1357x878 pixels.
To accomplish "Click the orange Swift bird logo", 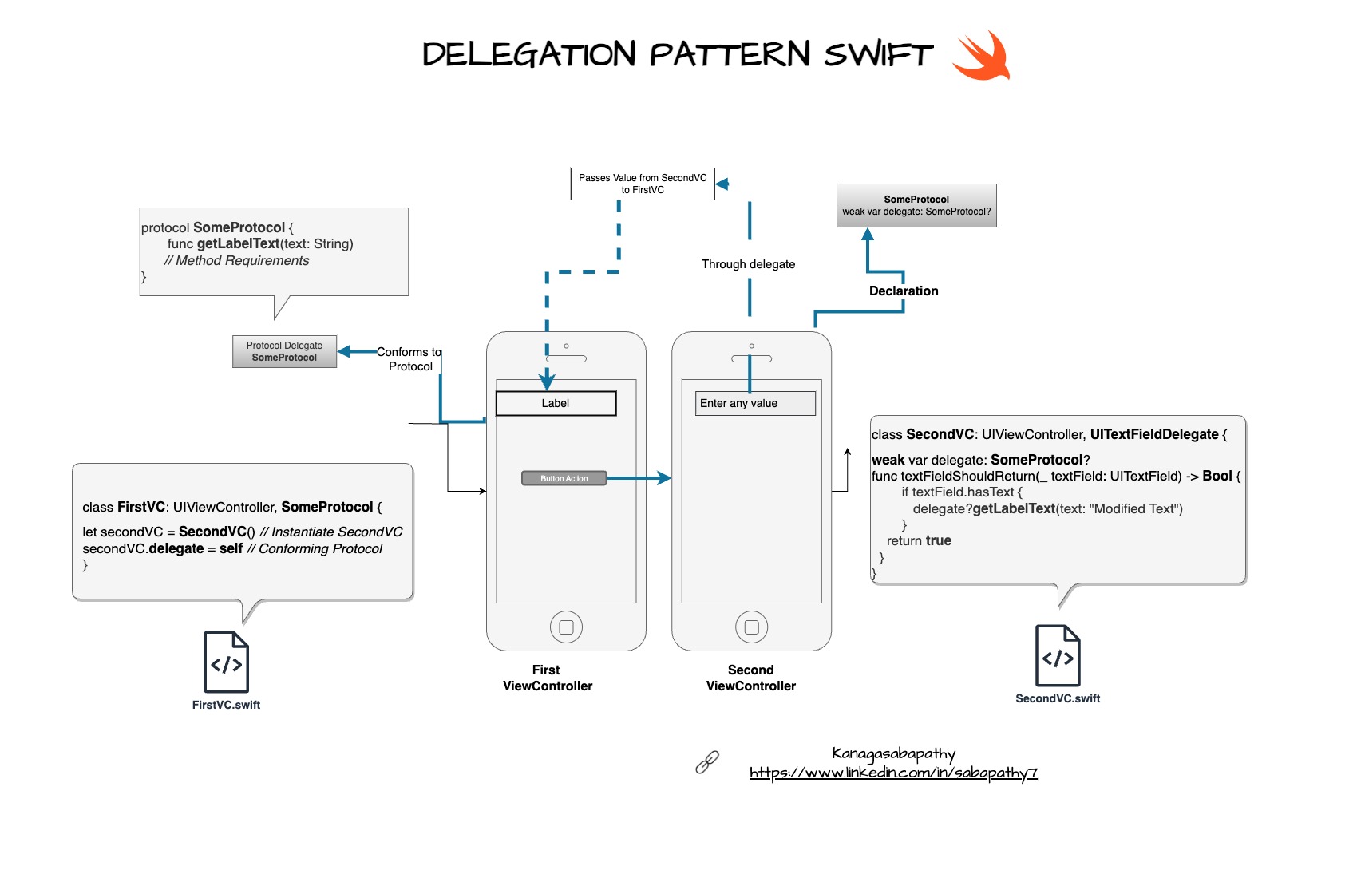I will pyautogui.click(x=983, y=56).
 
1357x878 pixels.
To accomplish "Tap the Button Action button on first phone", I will pyautogui.click(x=564, y=478).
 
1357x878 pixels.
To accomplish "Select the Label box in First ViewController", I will pyautogui.click(x=556, y=403).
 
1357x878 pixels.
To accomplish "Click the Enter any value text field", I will pyautogui.click(x=754, y=403).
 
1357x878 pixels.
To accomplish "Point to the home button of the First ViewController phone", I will pyautogui.click(x=566, y=627).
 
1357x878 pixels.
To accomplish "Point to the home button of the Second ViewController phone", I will pyautogui.click(x=751, y=627).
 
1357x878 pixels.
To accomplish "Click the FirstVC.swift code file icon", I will pyautogui.click(x=227, y=662).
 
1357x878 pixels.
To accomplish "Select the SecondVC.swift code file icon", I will pyautogui.click(x=1058, y=655).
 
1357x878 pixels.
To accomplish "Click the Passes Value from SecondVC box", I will pyautogui.click(x=642, y=184).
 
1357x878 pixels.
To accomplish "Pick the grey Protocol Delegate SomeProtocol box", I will pyautogui.click(x=284, y=351).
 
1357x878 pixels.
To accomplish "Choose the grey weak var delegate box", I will pyautogui.click(x=916, y=205).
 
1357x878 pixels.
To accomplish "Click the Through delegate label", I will pyautogui.click(x=748, y=264).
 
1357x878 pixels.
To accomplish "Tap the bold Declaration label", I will pyautogui.click(x=904, y=291).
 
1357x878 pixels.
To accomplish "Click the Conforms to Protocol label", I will pyautogui.click(x=409, y=358).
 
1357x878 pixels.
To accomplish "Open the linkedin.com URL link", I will pyautogui.click(x=893, y=773).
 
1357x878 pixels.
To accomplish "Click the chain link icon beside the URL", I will pyautogui.click(x=707, y=762).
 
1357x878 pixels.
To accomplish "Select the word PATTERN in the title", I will pyautogui.click(x=730, y=54).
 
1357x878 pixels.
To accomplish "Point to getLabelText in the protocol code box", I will pyautogui.click(x=238, y=243).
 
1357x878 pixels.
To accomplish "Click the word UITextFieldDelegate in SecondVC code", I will pyautogui.click(x=1153, y=434).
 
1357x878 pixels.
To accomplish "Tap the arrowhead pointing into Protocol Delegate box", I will pyautogui.click(x=344, y=351).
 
